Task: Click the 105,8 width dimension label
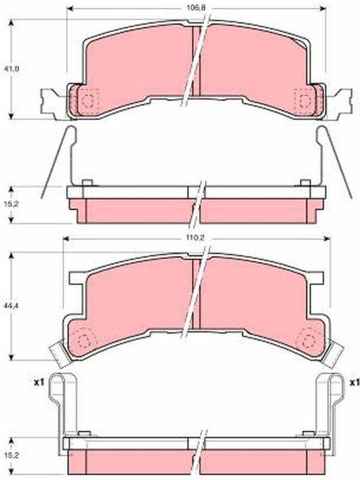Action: pos(196,8)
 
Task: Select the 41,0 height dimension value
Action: pos(11,69)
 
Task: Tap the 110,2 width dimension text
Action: pos(196,238)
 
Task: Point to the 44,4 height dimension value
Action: pos(11,305)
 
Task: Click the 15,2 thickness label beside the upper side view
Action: pos(11,204)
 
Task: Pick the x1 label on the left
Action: pos(39,382)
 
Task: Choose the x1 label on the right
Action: pos(355,382)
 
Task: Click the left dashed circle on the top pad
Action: pos(88,100)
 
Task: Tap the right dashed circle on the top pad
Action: pos(305,100)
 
